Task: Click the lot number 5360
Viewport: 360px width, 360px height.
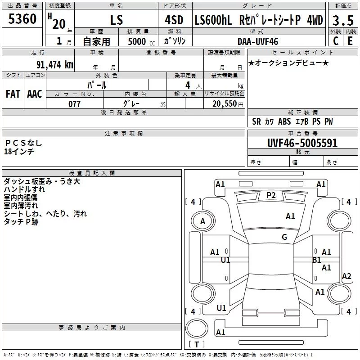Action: click(22, 19)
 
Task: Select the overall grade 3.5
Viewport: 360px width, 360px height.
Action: click(343, 20)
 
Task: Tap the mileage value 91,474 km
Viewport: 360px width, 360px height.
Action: click(55, 65)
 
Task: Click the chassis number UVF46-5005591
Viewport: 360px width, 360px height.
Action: click(302, 143)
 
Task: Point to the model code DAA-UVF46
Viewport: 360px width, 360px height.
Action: click(258, 41)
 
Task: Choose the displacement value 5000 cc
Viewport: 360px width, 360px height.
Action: click(141, 41)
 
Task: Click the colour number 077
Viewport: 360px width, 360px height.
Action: click(74, 104)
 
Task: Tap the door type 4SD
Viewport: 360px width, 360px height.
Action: click(174, 20)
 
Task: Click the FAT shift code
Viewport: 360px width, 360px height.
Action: click(13, 94)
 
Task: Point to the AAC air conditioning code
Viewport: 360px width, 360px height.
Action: click(35, 94)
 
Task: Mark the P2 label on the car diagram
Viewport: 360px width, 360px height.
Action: click(271, 195)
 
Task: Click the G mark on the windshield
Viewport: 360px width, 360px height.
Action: click(284, 237)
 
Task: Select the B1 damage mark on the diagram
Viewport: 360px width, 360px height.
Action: click(317, 260)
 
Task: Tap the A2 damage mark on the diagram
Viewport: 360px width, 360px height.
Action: click(346, 276)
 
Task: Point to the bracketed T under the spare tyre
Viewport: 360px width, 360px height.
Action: click(197, 344)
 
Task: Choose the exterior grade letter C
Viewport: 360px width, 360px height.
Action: click(336, 41)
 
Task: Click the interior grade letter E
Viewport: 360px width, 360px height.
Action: click(350, 41)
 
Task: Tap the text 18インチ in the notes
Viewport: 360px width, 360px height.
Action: click(19, 152)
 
